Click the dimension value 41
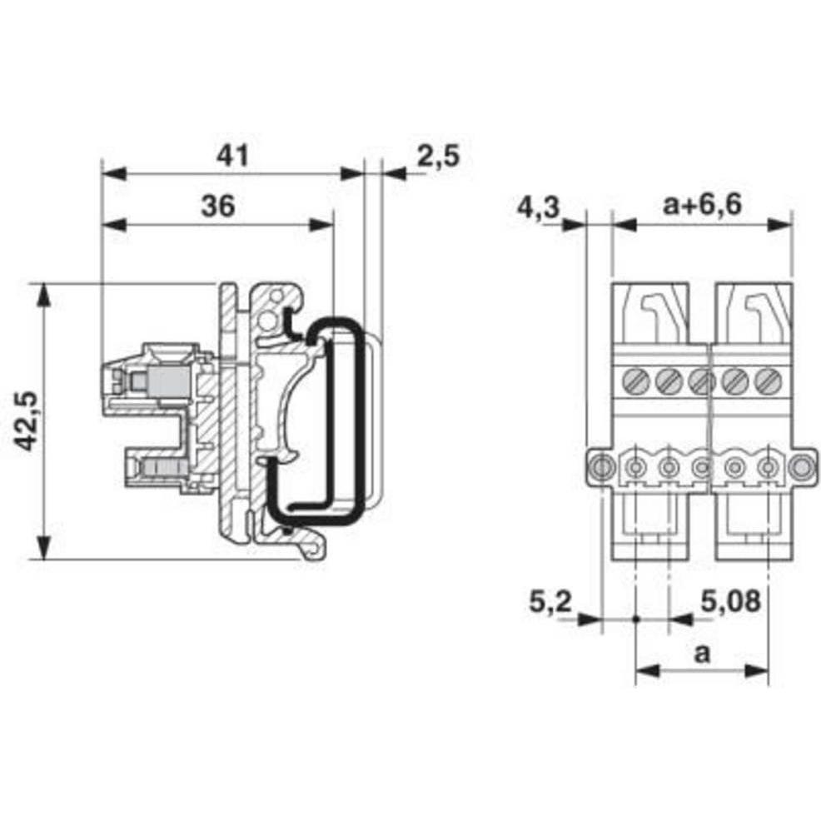(x=233, y=155)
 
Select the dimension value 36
(x=217, y=205)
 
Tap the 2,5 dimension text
(x=438, y=155)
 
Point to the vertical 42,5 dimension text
(x=27, y=420)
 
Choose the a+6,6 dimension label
(x=703, y=205)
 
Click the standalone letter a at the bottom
(x=702, y=654)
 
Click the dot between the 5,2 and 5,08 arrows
(x=635, y=619)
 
